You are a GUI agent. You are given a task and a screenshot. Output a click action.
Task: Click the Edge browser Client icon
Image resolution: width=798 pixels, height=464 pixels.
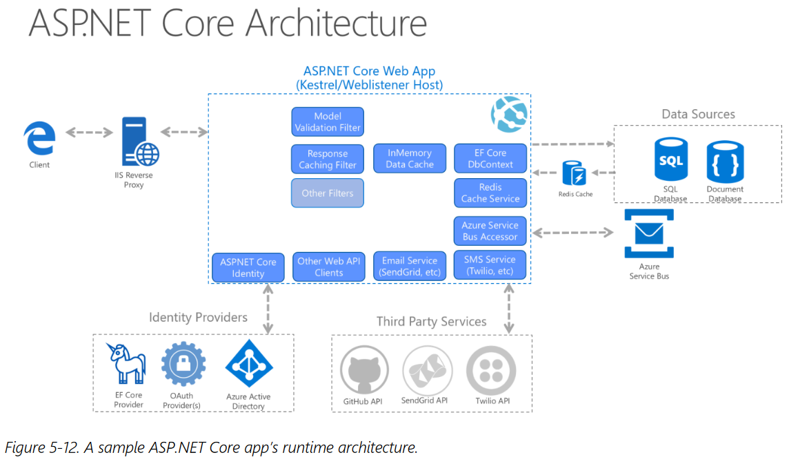(x=39, y=138)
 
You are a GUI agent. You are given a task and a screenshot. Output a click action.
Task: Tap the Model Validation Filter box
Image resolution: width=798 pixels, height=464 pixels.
(x=328, y=122)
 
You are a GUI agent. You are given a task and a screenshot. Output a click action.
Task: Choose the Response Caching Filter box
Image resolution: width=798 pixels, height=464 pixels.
(x=328, y=159)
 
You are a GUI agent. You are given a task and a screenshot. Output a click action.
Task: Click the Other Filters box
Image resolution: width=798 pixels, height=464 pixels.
(x=328, y=193)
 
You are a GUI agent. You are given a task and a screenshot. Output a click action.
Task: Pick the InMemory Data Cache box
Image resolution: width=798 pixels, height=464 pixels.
(x=410, y=158)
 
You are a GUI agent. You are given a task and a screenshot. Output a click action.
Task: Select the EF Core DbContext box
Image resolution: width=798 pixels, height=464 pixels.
(x=490, y=158)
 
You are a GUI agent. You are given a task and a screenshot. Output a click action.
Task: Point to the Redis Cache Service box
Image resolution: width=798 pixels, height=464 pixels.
(x=490, y=193)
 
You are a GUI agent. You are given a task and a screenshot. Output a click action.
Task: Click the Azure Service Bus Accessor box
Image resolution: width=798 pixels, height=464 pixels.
(x=490, y=231)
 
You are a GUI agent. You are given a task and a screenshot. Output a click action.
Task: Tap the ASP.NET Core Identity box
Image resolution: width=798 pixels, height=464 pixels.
(x=248, y=267)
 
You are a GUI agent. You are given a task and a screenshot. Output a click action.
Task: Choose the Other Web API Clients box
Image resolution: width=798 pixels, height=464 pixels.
(x=329, y=267)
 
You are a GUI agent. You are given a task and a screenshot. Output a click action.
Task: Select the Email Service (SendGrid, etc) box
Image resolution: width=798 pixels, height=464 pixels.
(x=410, y=266)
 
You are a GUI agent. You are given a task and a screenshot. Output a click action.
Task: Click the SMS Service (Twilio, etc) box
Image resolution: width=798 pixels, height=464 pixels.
(x=490, y=265)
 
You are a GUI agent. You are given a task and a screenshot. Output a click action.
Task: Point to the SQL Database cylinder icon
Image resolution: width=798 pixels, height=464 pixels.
(x=671, y=160)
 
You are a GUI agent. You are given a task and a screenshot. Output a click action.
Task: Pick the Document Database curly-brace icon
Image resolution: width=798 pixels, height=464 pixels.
(x=725, y=162)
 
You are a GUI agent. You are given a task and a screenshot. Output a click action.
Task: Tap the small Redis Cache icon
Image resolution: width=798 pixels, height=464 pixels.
(x=574, y=173)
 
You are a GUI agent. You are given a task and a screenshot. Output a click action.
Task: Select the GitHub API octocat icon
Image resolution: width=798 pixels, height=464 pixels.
(x=364, y=370)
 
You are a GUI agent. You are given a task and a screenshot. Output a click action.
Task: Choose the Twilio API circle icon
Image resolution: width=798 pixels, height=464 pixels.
(x=491, y=370)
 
